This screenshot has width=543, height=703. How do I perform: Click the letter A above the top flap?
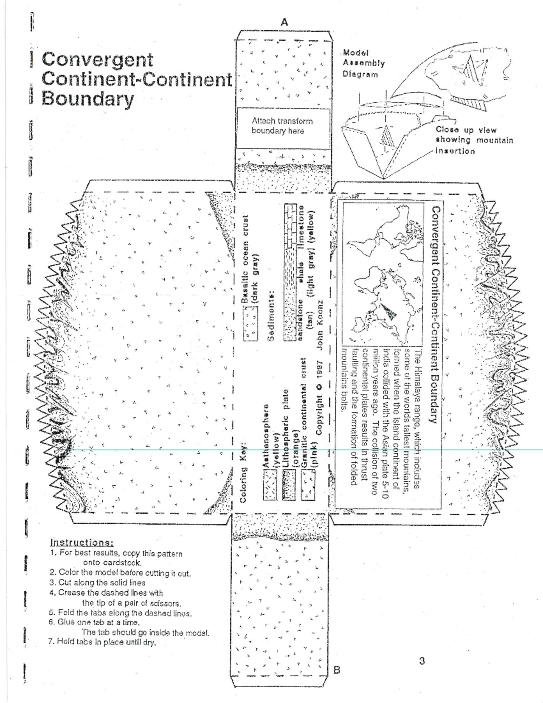[x=284, y=22]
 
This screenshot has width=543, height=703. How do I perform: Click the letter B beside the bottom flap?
[x=336, y=670]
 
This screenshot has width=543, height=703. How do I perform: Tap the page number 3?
[x=422, y=660]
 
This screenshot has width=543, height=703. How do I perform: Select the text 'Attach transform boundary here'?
[x=282, y=126]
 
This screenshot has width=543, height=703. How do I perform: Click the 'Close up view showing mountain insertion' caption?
[x=474, y=140]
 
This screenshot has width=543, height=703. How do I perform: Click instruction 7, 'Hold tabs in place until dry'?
[x=102, y=642]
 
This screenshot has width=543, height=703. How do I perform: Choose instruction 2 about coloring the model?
[x=120, y=573]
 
